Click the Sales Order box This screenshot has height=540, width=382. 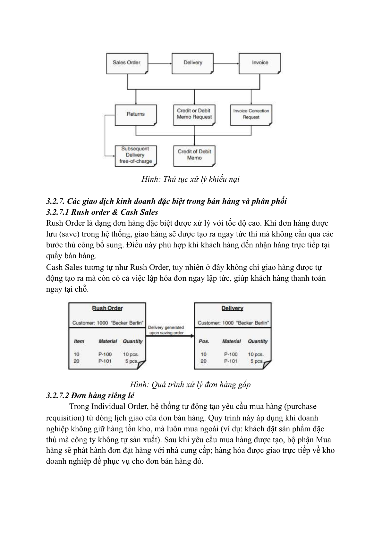[x=127, y=63]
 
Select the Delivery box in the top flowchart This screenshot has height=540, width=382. [x=193, y=63]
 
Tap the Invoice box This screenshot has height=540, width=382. [x=260, y=63]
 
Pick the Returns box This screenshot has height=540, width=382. [x=136, y=114]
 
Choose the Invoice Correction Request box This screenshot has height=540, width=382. [x=251, y=114]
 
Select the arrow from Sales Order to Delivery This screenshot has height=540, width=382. [x=160, y=63]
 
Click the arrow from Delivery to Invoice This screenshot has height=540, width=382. [x=226, y=63]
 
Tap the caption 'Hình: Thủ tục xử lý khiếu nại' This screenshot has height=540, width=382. [x=191, y=179]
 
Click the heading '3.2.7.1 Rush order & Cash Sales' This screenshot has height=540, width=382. [x=102, y=212]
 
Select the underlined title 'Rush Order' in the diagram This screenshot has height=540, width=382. [x=107, y=308]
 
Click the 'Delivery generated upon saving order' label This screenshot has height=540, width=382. [x=166, y=330]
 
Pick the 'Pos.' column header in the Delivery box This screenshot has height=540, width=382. [x=204, y=341]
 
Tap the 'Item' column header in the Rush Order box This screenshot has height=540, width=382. [x=79, y=341]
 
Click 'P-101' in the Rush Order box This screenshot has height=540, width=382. [x=105, y=361]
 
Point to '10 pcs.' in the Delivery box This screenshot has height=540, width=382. [x=256, y=354]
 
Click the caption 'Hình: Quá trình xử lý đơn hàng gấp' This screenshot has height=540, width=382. [x=191, y=385]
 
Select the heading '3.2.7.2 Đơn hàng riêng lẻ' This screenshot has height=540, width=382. [x=90, y=395]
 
